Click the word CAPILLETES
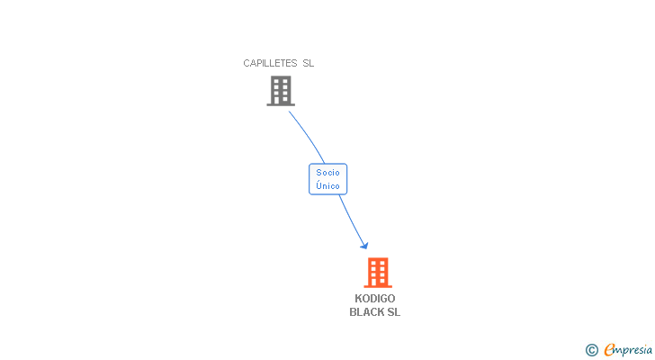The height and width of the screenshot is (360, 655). click(270, 63)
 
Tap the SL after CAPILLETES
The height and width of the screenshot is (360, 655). click(309, 63)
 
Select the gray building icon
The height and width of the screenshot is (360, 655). click(281, 91)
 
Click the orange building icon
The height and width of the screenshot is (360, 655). click(378, 273)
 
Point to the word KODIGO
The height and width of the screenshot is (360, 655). click(374, 299)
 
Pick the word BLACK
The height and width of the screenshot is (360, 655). click(366, 312)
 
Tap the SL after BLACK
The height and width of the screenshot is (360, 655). click(393, 312)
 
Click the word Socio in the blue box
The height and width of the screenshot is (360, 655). click(327, 173)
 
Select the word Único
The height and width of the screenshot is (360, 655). click(327, 185)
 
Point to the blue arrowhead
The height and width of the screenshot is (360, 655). click(364, 245)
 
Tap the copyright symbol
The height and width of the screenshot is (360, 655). click(592, 350)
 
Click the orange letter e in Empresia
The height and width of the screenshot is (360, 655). click(609, 349)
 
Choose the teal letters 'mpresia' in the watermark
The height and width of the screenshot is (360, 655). click(633, 350)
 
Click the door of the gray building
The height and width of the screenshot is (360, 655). click(276, 101)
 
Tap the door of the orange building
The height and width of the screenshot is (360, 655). click(373, 283)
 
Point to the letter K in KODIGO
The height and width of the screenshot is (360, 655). click(358, 299)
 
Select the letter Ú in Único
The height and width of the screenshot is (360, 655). click(319, 185)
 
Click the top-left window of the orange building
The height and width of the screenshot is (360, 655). click(373, 263)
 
